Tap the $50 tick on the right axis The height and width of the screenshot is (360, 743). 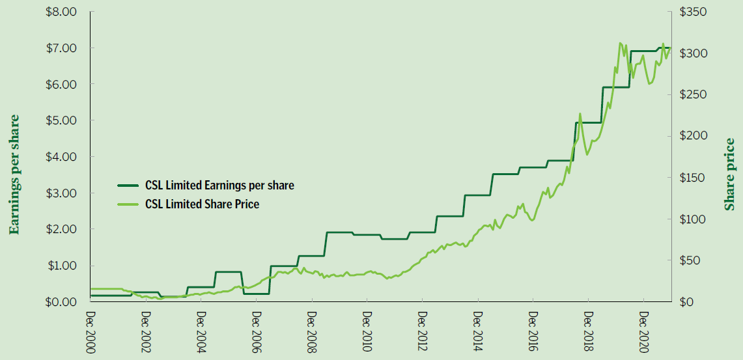[x=690, y=260]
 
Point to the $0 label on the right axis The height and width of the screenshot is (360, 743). [x=686, y=301]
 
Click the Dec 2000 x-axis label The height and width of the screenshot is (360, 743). [x=91, y=331]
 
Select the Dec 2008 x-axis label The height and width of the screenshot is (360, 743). [x=312, y=331]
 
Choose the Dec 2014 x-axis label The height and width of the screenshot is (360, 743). [x=477, y=331]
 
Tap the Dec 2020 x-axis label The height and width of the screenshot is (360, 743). [x=643, y=331]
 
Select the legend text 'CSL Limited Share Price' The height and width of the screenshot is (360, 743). [x=202, y=204]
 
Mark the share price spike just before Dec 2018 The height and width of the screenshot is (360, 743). [x=580, y=114]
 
